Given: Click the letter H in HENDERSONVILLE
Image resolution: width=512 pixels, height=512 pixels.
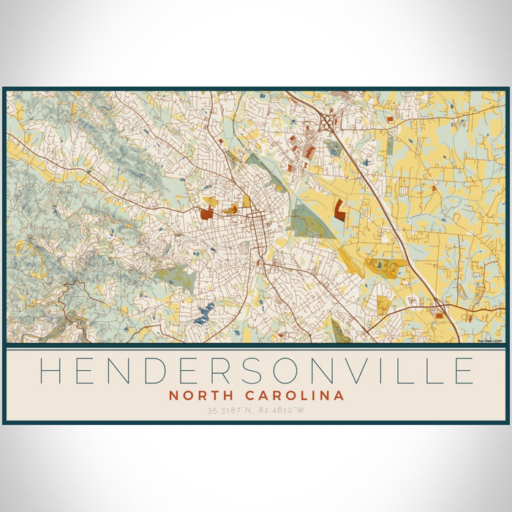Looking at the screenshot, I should click(x=50, y=371).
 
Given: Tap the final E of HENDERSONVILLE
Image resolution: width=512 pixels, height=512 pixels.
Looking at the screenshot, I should click(x=463, y=371).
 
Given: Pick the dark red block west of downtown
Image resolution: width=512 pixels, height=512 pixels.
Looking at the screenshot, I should click(x=206, y=214).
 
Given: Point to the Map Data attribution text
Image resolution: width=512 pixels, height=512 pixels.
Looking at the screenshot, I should click(x=489, y=340).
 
